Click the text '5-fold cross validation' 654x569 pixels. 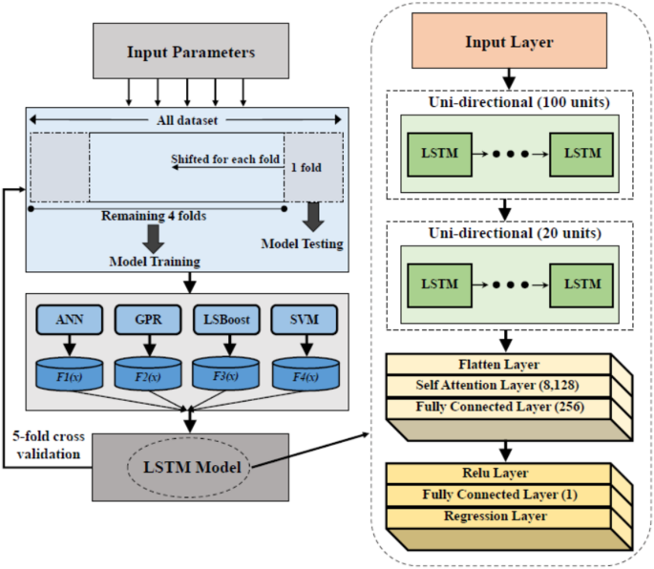(49, 445)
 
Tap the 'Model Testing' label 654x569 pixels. (303, 243)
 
